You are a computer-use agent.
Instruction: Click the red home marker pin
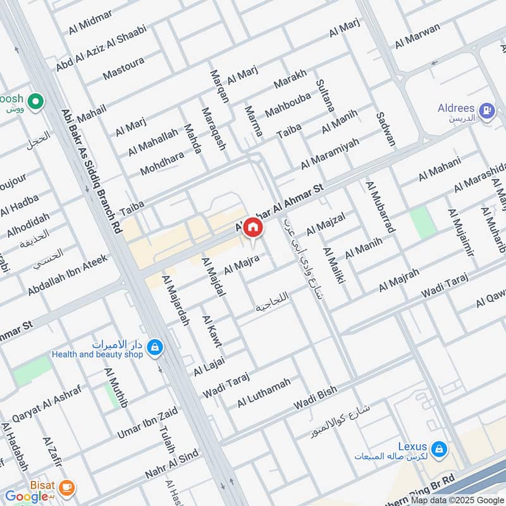click(x=252, y=226)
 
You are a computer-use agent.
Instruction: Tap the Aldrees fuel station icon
click(x=486, y=112)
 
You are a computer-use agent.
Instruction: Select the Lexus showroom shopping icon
click(x=440, y=450)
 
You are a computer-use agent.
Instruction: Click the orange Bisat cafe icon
click(x=66, y=487)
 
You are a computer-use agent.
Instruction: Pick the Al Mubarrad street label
click(x=379, y=206)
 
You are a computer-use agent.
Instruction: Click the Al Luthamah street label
click(x=264, y=393)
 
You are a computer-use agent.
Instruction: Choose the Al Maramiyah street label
click(x=330, y=153)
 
